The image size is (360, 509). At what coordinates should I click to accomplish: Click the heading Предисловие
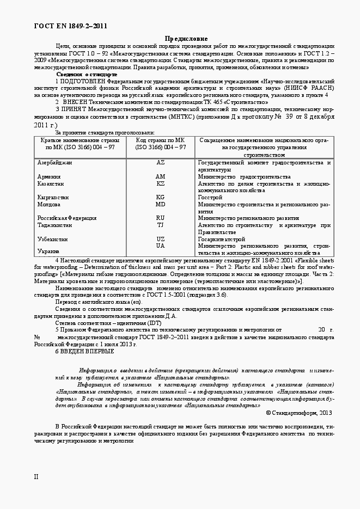[186, 39]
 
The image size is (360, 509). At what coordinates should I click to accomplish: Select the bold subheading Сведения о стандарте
[87, 74]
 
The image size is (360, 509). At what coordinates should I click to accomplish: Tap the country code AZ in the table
[161, 163]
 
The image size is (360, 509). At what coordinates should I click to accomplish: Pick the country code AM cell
[161, 177]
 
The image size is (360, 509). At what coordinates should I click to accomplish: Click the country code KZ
[161, 184]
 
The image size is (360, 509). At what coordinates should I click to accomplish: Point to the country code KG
[161, 198]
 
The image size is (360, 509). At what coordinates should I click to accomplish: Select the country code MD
[161, 205]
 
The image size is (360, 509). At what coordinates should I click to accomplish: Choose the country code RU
[161, 218]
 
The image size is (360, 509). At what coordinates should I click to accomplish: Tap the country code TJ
[161, 225]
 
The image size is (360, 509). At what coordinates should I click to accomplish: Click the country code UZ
[161, 239]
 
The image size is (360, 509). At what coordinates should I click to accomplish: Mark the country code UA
[161, 246]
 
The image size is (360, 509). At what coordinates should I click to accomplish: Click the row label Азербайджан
[54, 163]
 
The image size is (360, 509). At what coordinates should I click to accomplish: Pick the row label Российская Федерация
[67, 218]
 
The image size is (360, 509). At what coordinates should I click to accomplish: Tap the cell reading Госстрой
[210, 198]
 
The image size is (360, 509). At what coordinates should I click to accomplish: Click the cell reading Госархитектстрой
[222, 239]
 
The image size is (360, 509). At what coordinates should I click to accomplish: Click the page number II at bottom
[36, 477]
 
